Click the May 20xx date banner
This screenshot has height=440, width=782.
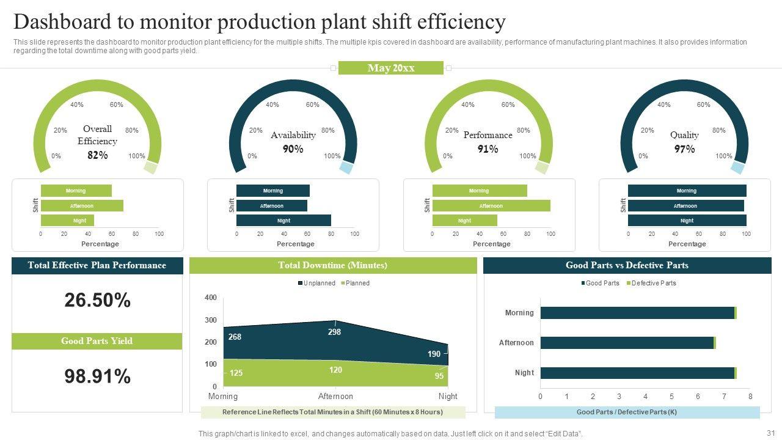[x=391, y=68]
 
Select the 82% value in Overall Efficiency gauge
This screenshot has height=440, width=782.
[x=97, y=155]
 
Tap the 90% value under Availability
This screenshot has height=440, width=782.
[x=293, y=149]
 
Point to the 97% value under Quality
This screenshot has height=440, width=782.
[x=684, y=149]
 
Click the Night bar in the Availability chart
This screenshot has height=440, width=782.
[x=283, y=221]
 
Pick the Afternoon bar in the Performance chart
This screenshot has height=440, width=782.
[x=491, y=206]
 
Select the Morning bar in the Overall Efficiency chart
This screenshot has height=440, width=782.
[x=76, y=191]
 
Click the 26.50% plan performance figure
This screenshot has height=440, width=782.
[x=97, y=300]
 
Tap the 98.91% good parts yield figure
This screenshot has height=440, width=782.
[x=97, y=376]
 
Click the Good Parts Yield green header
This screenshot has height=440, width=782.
[x=97, y=341]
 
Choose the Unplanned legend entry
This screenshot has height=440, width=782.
[x=316, y=283]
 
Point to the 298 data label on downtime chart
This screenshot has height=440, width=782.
[x=334, y=332]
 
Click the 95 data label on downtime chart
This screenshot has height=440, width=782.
[x=439, y=376]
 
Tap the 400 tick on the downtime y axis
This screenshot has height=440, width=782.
[x=210, y=298]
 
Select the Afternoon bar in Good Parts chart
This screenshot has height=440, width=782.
[x=627, y=343]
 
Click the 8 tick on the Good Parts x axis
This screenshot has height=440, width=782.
[x=750, y=397]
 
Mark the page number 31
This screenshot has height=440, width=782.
[x=770, y=433]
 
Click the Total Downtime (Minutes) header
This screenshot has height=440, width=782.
[x=333, y=265]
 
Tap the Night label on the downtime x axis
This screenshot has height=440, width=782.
[x=448, y=397]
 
